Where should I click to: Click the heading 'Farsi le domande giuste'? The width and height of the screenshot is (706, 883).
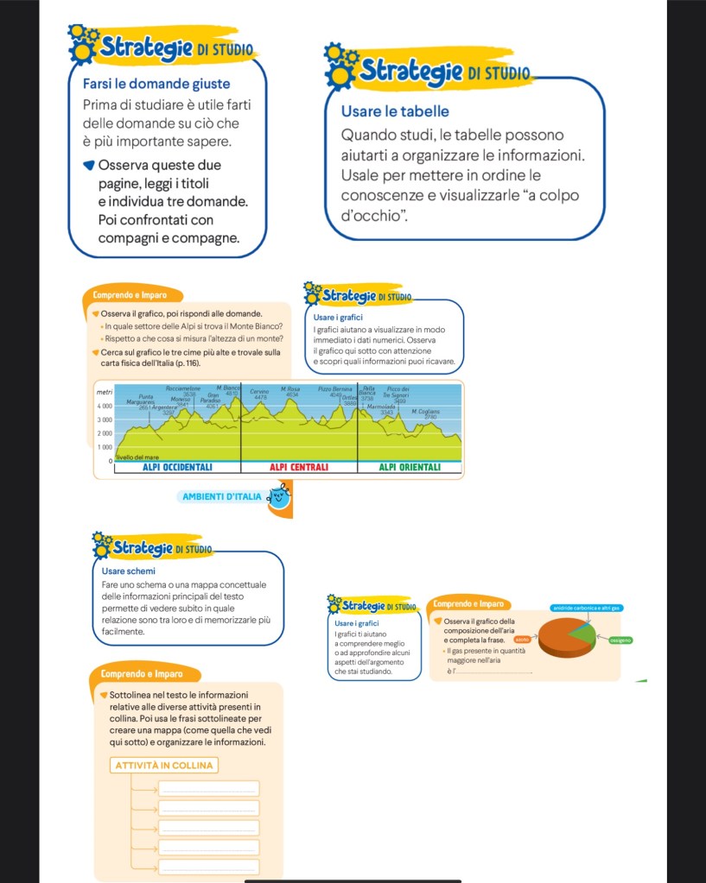(156, 84)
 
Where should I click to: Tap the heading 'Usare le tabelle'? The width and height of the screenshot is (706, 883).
(395, 111)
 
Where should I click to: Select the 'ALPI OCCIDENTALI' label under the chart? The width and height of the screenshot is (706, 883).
(177, 467)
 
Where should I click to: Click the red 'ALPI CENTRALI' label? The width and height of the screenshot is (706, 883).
(299, 467)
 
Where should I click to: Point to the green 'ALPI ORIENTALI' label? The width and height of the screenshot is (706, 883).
(410, 467)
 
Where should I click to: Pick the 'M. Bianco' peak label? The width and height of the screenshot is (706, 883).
(228, 388)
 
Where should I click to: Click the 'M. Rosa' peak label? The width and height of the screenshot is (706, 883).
(289, 389)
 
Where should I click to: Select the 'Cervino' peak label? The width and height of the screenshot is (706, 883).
(259, 391)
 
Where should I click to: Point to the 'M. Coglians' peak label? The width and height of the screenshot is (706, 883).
(425, 412)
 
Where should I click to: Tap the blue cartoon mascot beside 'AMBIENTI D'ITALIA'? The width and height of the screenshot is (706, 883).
(279, 495)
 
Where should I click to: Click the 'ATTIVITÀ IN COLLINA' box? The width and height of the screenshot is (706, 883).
(163, 766)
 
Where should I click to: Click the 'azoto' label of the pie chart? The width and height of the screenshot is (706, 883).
(522, 639)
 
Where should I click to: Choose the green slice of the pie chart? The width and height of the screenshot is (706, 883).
(583, 636)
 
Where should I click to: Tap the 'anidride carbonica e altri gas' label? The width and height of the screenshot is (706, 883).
(588, 609)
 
